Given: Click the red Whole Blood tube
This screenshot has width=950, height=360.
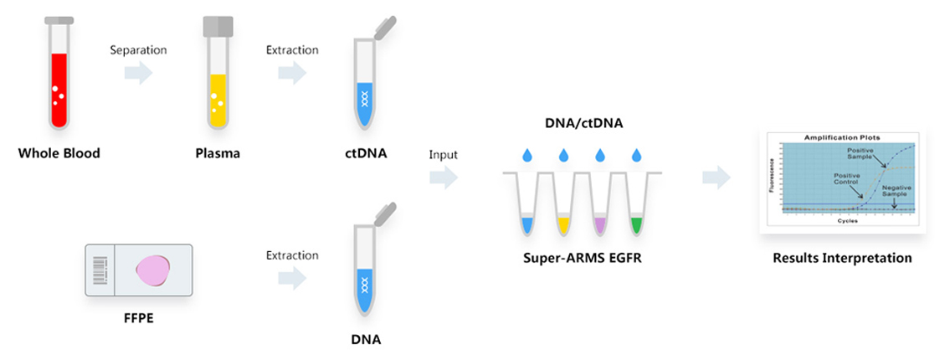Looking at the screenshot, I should coord(58,84).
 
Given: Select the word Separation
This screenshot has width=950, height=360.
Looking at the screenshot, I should coord(139,50).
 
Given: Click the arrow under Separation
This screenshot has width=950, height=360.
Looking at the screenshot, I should coord(139,74).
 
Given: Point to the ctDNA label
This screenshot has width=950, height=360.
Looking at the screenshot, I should coord(364,154).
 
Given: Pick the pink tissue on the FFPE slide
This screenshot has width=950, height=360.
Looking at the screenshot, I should coord(157,270).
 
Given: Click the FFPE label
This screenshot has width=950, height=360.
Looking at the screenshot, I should coord(140,318).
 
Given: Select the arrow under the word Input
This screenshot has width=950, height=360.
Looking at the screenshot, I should coord(444,177).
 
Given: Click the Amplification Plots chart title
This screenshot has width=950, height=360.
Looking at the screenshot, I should coord(846,136).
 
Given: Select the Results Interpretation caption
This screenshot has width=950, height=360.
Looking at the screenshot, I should coord(842,258).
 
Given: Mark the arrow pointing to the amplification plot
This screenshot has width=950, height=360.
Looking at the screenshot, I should coord(716,177).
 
